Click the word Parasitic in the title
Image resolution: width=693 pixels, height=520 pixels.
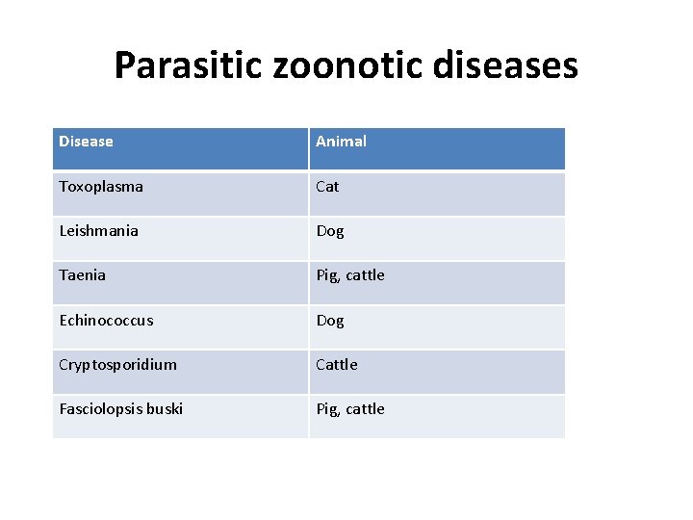[x=182, y=65]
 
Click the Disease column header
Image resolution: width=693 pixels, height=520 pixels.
[x=86, y=142]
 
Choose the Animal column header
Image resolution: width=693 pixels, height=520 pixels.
[x=341, y=142]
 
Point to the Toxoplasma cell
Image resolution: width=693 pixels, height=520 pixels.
[x=101, y=187]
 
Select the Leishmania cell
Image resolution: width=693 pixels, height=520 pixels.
[x=98, y=231]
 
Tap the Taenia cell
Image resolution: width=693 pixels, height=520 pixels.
[x=83, y=275]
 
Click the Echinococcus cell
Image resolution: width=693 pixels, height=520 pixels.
[x=106, y=321]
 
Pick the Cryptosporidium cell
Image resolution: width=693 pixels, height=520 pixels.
[x=117, y=365]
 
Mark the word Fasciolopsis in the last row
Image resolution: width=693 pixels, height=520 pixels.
[x=100, y=409]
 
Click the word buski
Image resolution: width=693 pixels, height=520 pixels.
[x=164, y=409]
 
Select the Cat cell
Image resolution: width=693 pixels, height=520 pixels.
[x=327, y=187]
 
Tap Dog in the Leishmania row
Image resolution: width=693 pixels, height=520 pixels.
[x=330, y=231]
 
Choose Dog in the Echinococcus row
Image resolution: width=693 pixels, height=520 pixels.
[x=330, y=321]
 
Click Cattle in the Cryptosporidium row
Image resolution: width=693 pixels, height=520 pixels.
[x=337, y=365]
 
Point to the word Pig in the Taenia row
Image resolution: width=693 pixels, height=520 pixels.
[x=327, y=276]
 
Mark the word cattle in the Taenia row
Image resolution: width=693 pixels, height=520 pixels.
[x=365, y=275]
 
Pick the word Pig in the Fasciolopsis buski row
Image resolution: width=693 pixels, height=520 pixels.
[x=327, y=410]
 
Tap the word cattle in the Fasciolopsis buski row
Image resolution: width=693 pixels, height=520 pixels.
[x=365, y=409]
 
